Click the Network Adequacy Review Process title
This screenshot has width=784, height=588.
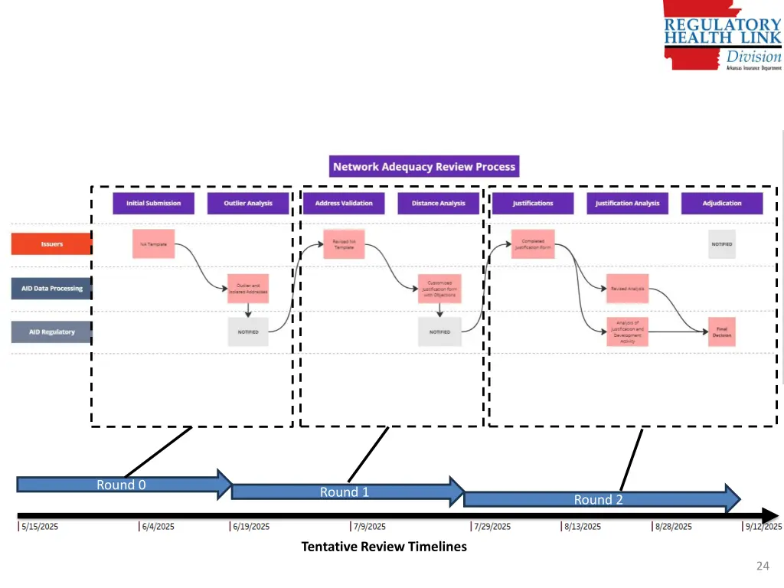[424, 166]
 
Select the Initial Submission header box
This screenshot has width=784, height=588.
[154, 203]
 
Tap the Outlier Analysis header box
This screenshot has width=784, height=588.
[249, 203]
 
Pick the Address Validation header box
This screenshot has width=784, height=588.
[344, 203]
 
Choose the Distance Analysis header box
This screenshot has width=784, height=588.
[439, 203]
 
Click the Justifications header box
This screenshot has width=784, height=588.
[533, 203]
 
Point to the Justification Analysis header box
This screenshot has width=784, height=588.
[627, 203]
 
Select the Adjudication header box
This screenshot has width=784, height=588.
[722, 203]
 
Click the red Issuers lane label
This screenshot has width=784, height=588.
[51, 244]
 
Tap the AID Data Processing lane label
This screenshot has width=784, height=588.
[51, 289]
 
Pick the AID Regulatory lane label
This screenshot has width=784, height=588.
[51, 332]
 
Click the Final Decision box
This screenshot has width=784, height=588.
[721, 332]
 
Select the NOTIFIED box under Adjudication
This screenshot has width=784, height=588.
[721, 244]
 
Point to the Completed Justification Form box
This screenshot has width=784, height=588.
[533, 244]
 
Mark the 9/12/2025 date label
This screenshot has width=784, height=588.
[763, 527]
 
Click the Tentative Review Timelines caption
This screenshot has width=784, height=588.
[384, 547]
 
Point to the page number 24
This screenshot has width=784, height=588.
[762, 566]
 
